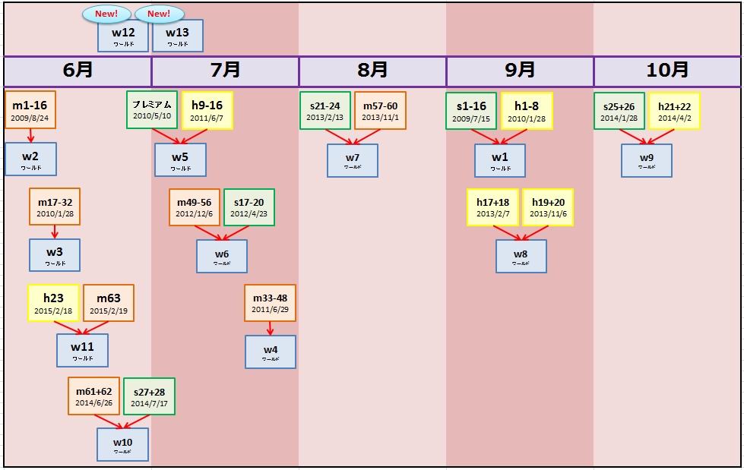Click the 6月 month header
click(x=78, y=71)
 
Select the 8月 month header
click(x=372, y=71)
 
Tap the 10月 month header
click(x=667, y=71)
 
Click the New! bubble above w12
click(x=106, y=14)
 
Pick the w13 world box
click(x=178, y=36)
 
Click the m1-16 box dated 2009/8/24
click(x=30, y=110)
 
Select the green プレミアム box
click(x=152, y=110)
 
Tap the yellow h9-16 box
click(x=207, y=110)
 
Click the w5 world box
click(x=181, y=160)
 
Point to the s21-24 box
click(x=325, y=111)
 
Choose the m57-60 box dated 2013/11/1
click(x=380, y=111)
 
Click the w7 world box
click(x=353, y=161)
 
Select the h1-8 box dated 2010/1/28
click(x=527, y=111)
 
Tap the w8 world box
click(x=521, y=257)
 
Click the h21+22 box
click(x=674, y=111)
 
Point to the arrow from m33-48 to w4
click(x=270, y=328)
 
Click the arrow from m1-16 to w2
click(x=30, y=135)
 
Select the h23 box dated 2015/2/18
click(x=53, y=303)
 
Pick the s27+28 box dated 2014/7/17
click(x=149, y=396)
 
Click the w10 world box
click(x=122, y=444)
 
